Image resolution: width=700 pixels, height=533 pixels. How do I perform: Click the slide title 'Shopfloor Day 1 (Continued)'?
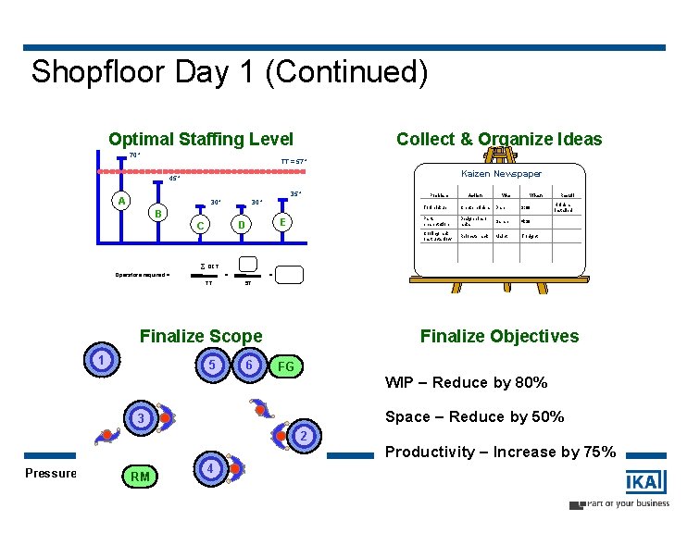(x=230, y=72)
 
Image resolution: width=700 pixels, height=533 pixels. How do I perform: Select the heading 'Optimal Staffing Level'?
(x=200, y=140)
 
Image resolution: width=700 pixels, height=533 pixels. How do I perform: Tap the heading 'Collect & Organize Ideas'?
(x=498, y=140)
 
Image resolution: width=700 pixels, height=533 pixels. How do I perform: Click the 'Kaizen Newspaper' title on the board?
(x=501, y=173)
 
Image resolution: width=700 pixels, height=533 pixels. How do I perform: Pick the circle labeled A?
(x=120, y=201)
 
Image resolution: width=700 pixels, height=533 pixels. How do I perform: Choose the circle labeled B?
(x=159, y=214)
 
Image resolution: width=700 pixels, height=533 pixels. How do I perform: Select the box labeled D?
(x=241, y=225)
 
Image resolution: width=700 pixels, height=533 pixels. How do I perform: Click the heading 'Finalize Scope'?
(x=200, y=337)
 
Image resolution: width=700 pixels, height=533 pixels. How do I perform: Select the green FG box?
(x=286, y=367)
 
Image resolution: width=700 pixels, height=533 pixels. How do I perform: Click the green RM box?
(x=140, y=477)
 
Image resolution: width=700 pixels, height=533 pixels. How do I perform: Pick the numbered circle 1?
(x=103, y=360)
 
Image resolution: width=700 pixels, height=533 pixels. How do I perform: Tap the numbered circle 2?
(x=304, y=436)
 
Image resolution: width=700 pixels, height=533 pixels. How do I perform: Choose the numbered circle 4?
(x=211, y=469)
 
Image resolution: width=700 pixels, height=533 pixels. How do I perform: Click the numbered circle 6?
(x=248, y=366)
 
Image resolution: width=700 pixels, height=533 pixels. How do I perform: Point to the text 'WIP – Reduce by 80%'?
(x=466, y=383)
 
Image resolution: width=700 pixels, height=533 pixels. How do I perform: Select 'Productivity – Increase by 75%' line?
(x=500, y=452)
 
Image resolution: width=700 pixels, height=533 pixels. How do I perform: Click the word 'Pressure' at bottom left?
(x=51, y=473)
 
